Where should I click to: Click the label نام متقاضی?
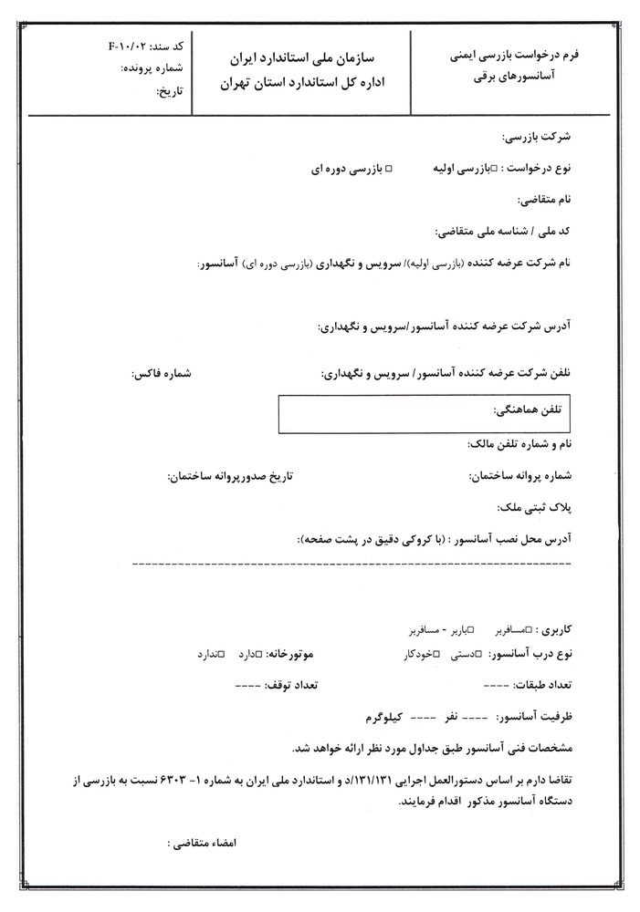[543, 199]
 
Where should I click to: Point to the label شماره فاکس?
[163, 375]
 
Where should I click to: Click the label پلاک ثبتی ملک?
[536, 507]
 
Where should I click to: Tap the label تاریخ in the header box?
[171, 91]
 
